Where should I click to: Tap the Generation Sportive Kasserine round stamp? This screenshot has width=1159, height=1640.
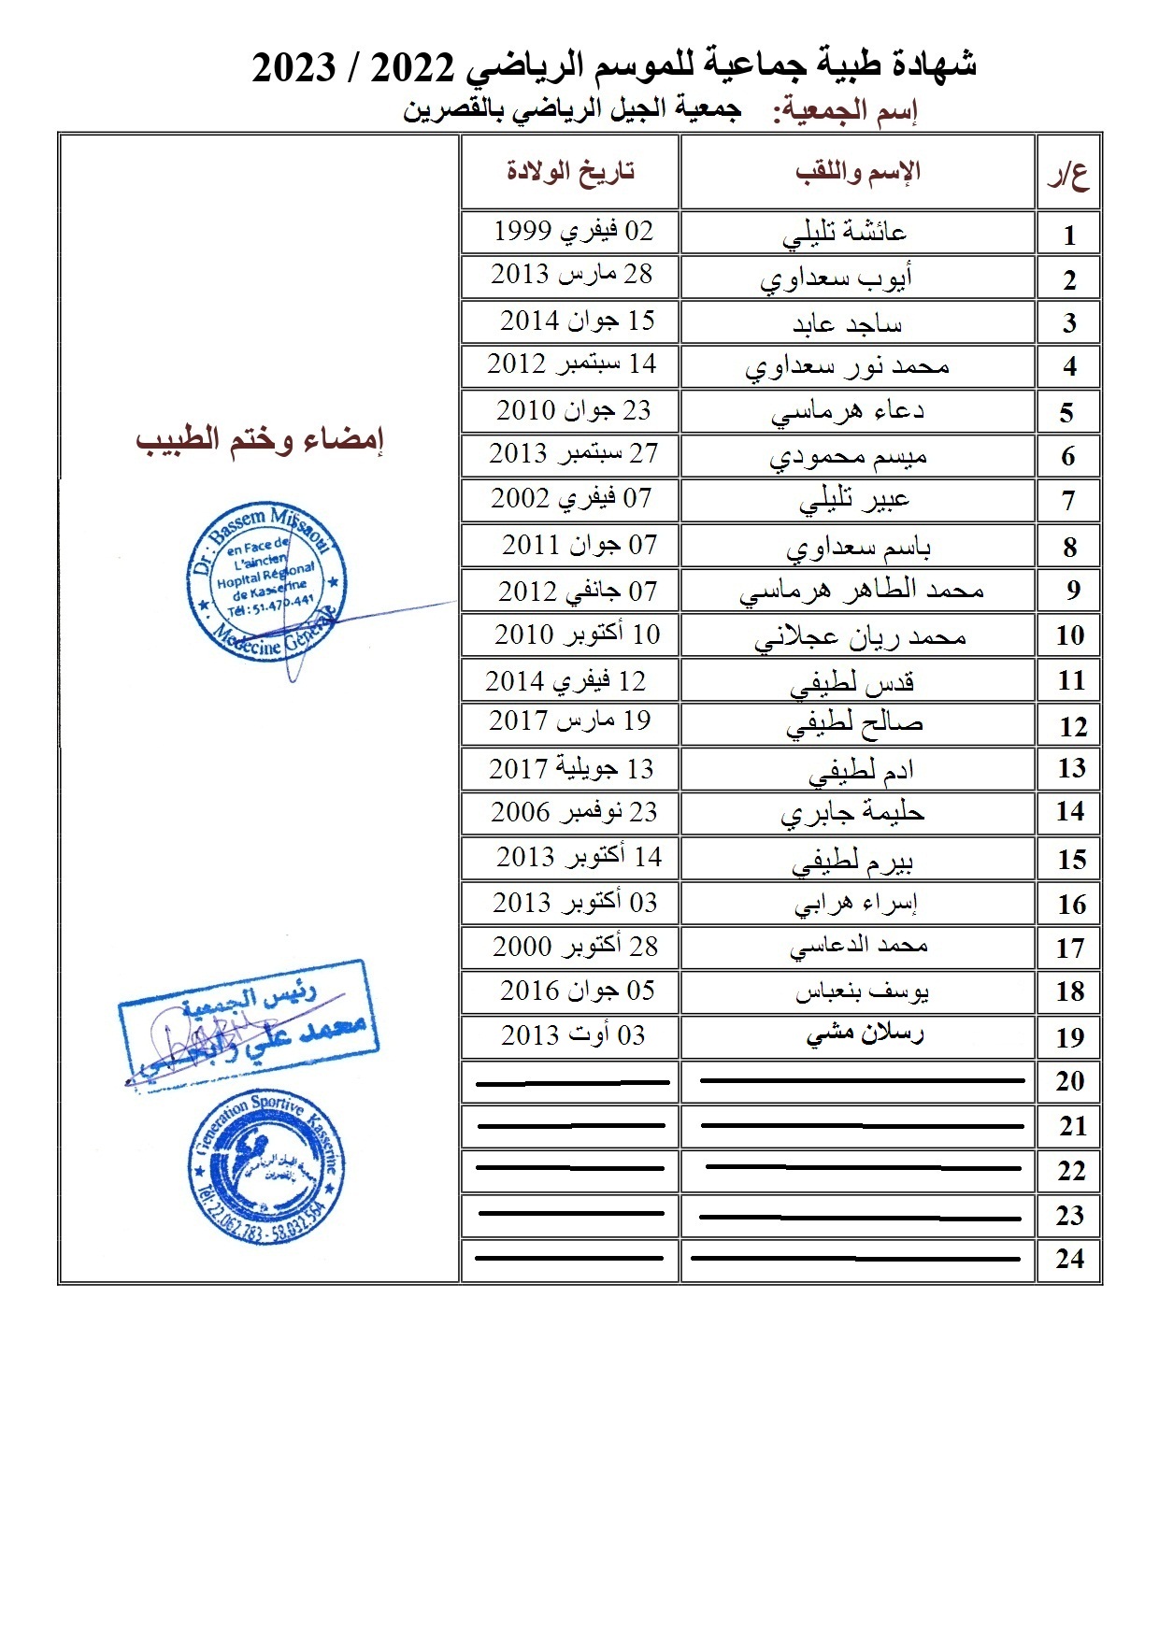266,1167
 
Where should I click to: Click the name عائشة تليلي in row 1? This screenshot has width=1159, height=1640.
844,233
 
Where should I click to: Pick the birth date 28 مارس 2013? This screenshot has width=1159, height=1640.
571,275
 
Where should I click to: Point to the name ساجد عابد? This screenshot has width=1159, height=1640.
847,323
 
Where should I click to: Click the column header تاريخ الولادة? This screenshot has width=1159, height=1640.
570,171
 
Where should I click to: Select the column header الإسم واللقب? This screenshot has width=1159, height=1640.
858,171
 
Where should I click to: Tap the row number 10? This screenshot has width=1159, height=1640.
1069,636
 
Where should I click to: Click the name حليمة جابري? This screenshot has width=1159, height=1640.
852,813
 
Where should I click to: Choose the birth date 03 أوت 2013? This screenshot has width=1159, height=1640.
573,1035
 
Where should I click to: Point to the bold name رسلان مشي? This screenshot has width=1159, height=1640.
865,1034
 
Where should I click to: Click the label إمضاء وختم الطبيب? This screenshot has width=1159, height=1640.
260,440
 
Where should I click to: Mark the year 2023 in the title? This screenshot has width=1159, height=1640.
294,67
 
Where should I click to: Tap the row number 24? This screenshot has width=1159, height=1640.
1070,1260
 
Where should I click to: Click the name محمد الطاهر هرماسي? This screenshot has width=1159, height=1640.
861,592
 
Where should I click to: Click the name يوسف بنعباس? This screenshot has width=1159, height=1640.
862,991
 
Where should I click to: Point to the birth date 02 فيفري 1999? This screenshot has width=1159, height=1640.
573,231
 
